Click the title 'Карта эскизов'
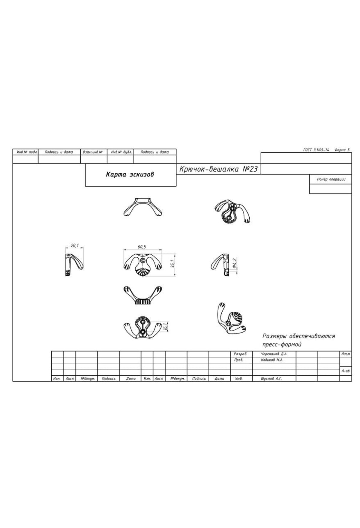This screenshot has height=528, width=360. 130,174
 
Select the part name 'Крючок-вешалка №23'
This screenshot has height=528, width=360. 218,169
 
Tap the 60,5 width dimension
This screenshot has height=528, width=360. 142,247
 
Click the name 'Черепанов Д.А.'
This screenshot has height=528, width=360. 274,354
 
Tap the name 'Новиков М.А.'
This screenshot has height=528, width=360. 272,360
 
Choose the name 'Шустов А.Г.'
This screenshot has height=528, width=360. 271,379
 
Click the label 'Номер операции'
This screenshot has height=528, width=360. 331,179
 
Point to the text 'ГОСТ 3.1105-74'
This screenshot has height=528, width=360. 316,150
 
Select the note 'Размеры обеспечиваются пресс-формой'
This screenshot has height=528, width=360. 298,340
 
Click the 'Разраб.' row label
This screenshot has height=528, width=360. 240,354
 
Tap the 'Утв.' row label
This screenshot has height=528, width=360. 238,379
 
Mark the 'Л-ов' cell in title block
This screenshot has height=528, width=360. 345,371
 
